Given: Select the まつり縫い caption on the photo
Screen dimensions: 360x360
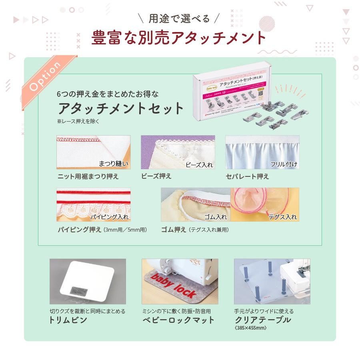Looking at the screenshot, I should [114, 163].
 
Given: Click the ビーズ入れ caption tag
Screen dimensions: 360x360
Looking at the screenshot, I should [199, 164].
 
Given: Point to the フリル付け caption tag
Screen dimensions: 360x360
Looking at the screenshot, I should [283, 164].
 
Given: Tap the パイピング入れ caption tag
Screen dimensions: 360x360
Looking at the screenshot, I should [109, 217].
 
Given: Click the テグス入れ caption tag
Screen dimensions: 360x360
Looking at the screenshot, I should [282, 217].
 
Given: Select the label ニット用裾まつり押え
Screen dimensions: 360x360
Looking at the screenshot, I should [88, 176].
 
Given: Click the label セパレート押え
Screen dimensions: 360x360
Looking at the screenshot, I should [247, 176].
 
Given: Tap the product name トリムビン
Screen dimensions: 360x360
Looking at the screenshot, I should [68, 320].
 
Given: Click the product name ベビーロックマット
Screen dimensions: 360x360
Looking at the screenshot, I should [178, 320].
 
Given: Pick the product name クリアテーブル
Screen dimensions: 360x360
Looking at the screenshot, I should [263, 320].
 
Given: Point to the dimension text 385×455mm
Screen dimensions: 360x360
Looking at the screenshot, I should [250, 328].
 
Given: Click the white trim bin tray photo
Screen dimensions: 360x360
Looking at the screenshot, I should [88, 281].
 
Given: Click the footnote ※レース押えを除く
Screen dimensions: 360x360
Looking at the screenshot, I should [78, 121].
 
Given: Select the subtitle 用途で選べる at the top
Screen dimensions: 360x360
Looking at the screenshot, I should [179, 19].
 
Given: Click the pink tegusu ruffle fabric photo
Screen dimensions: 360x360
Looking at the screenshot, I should [264, 204].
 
